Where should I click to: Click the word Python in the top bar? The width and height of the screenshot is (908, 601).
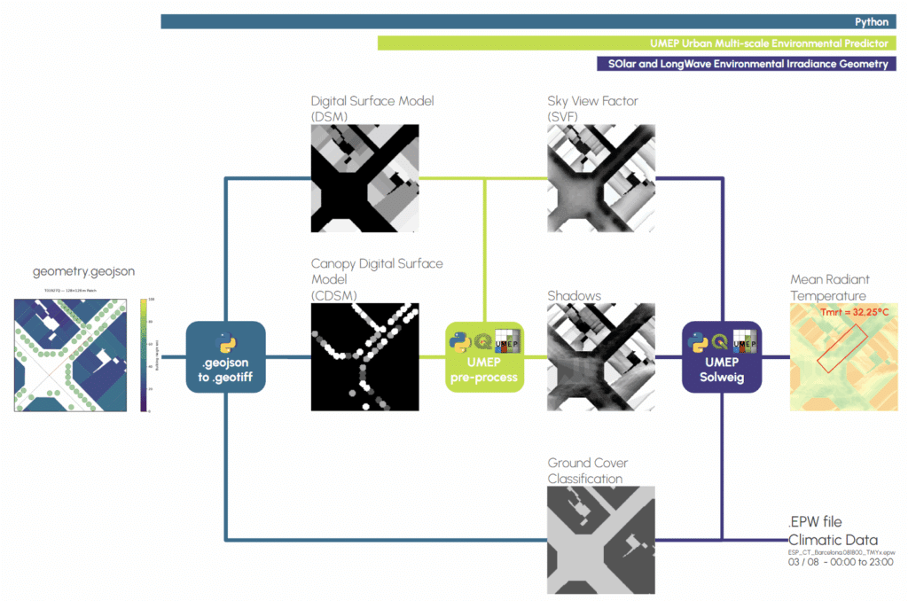(871, 22)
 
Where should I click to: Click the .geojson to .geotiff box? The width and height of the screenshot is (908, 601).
(226, 356)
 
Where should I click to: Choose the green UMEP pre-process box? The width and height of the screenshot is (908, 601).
(484, 356)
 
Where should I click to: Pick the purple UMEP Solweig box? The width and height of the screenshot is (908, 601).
(722, 356)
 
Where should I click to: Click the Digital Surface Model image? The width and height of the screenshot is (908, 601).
(364, 178)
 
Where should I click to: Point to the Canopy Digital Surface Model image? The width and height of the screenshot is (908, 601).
(364, 356)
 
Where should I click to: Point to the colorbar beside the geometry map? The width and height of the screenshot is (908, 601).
(144, 355)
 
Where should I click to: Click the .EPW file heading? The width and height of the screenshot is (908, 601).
(815, 521)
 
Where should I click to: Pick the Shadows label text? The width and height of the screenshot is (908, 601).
(574, 295)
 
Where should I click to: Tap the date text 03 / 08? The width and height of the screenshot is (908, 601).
(804, 562)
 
